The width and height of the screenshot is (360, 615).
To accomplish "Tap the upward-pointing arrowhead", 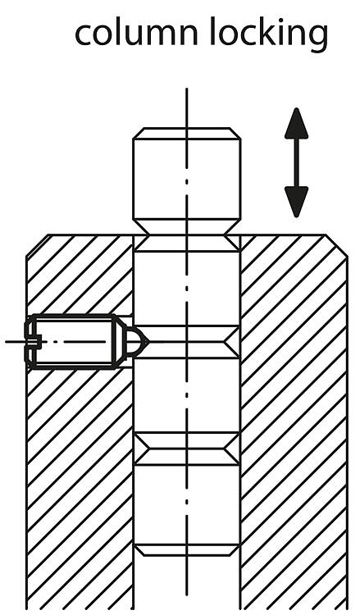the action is [x=297, y=123].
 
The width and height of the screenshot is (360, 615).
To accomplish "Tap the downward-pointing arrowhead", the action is [x=297, y=202].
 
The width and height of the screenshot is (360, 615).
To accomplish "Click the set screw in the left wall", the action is [x=86, y=342].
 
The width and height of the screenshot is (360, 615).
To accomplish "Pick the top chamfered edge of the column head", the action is [x=187, y=133].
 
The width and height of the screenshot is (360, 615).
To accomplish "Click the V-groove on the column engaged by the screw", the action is [x=187, y=342].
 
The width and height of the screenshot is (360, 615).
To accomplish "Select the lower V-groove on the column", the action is [x=187, y=449].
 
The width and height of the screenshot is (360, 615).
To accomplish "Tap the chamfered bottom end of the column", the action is [x=187, y=550].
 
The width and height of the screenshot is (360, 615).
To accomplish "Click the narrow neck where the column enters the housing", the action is [x=187, y=235].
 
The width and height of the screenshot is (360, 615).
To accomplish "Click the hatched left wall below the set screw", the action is [x=80, y=490].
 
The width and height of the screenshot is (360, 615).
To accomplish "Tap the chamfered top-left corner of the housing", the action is [x=37, y=245].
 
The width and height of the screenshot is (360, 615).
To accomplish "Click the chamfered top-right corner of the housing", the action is [x=336, y=245].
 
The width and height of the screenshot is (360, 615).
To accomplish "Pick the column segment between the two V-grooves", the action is [x=187, y=395].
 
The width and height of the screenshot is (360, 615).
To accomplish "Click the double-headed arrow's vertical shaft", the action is [x=297, y=162].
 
